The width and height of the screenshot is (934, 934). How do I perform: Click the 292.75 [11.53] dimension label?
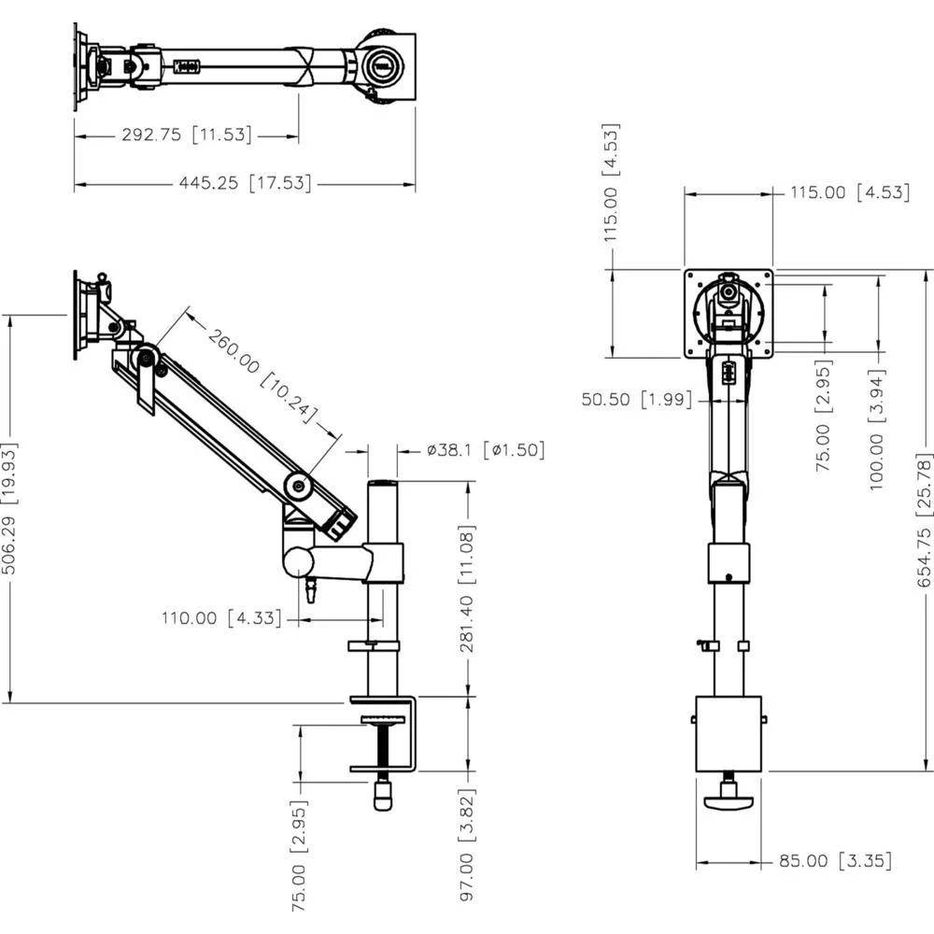coord(187,134)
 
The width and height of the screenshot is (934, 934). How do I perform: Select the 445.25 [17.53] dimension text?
coord(245,184)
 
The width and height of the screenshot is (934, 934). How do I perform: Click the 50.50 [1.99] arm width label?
coord(637,400)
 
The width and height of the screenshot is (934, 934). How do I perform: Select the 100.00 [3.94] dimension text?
coord(878,429)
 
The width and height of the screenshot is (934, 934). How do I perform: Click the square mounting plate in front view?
coord(729,314)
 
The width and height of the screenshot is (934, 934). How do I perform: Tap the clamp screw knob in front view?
coord(729,800)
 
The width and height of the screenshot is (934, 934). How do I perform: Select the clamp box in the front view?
coord(729,733)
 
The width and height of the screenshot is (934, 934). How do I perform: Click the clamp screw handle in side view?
coord(382,796)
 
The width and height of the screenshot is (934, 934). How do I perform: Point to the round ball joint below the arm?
coord(300,561)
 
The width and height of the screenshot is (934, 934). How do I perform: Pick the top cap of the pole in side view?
coord(382,485)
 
